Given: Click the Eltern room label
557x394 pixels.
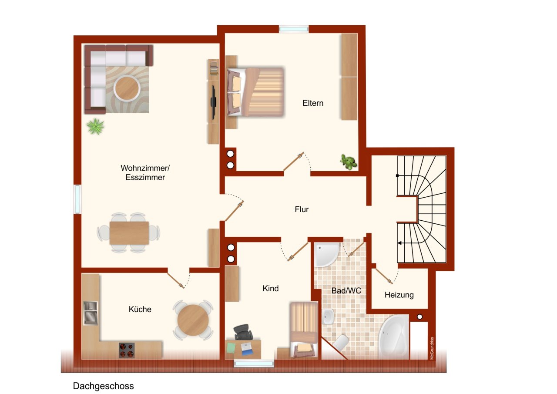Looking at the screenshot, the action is pyautogui.click(x=313, y=103).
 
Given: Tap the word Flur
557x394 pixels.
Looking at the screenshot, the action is pyautogui.click(x=302, y=209).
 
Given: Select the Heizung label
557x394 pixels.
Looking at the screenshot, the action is pyautogui.click(x=399, y=295).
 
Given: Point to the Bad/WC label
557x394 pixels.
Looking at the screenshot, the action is pyautogui.click(x=346, y=290).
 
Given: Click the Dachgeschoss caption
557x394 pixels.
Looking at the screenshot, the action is pyautogui.click(x=103, y=386).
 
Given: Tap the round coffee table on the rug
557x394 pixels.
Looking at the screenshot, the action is pyautogui.click(x=127, y=88).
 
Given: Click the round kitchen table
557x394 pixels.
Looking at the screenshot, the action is pyautogui.click(x=193, y=320).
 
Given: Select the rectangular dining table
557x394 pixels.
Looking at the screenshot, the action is pyautogui.click(x=129, y=233).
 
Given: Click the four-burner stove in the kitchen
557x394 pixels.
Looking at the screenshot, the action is pyautogui.click(x=127, y=350).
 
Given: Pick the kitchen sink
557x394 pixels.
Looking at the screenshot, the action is pyautogui.click(x=90, y=313).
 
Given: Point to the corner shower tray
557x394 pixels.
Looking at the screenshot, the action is pyautogui.click(x=326, y=254).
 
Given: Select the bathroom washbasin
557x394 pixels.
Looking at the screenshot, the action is pyautogui.click(x=328, y=317).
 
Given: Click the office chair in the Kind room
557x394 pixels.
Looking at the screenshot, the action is pyautogui.click(x=243, y=332).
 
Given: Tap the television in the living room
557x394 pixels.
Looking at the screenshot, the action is pyautogui.click(x=213, y=102).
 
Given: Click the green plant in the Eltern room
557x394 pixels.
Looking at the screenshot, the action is pyautogui.click(x=349, y=162).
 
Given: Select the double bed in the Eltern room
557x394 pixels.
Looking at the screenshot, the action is pyautogui.click(x=255, y=92).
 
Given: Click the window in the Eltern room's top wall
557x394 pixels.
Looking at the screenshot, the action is pyautogui.click(x=294, y=29).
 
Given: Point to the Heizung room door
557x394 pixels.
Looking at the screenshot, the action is pyautogui.click(x=384, y=276).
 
